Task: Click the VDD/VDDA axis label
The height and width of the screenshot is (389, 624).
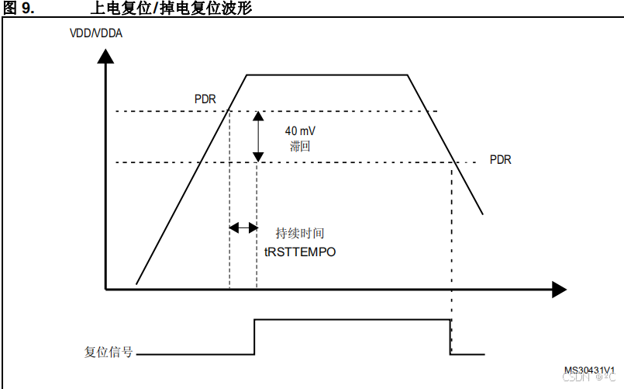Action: (96, 34)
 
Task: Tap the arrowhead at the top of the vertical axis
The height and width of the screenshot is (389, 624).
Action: (106, 57)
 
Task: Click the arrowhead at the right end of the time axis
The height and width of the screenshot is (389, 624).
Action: (559, 290)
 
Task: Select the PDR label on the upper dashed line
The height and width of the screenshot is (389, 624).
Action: (205, 99)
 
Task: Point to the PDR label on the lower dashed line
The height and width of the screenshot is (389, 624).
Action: (501, 159)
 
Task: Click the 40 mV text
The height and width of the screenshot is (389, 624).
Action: (299, 130)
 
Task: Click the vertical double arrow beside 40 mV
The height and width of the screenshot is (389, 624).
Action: (258, 137)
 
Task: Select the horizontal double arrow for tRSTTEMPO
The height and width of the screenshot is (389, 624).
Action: (243, 227)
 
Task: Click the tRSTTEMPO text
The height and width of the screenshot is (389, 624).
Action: (300, 252)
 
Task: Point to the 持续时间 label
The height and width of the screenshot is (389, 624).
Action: (300, 233)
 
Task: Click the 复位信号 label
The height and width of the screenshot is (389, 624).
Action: (109, 351)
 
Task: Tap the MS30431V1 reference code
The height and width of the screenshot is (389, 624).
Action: (589, 370)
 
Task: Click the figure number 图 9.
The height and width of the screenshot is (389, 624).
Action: (19, 8)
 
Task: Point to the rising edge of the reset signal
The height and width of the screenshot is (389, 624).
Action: (255, 337)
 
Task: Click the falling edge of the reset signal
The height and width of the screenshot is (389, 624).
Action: (450, 337)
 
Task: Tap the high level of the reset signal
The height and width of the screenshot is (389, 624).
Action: (353, 319)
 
